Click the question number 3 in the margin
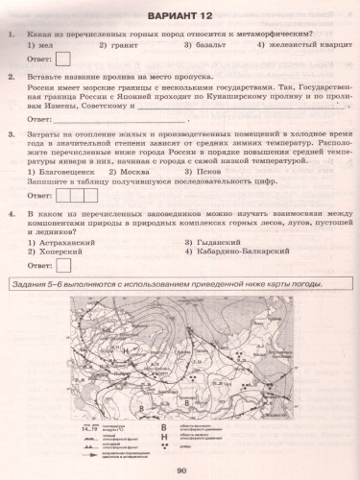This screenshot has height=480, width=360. (10, 135)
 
